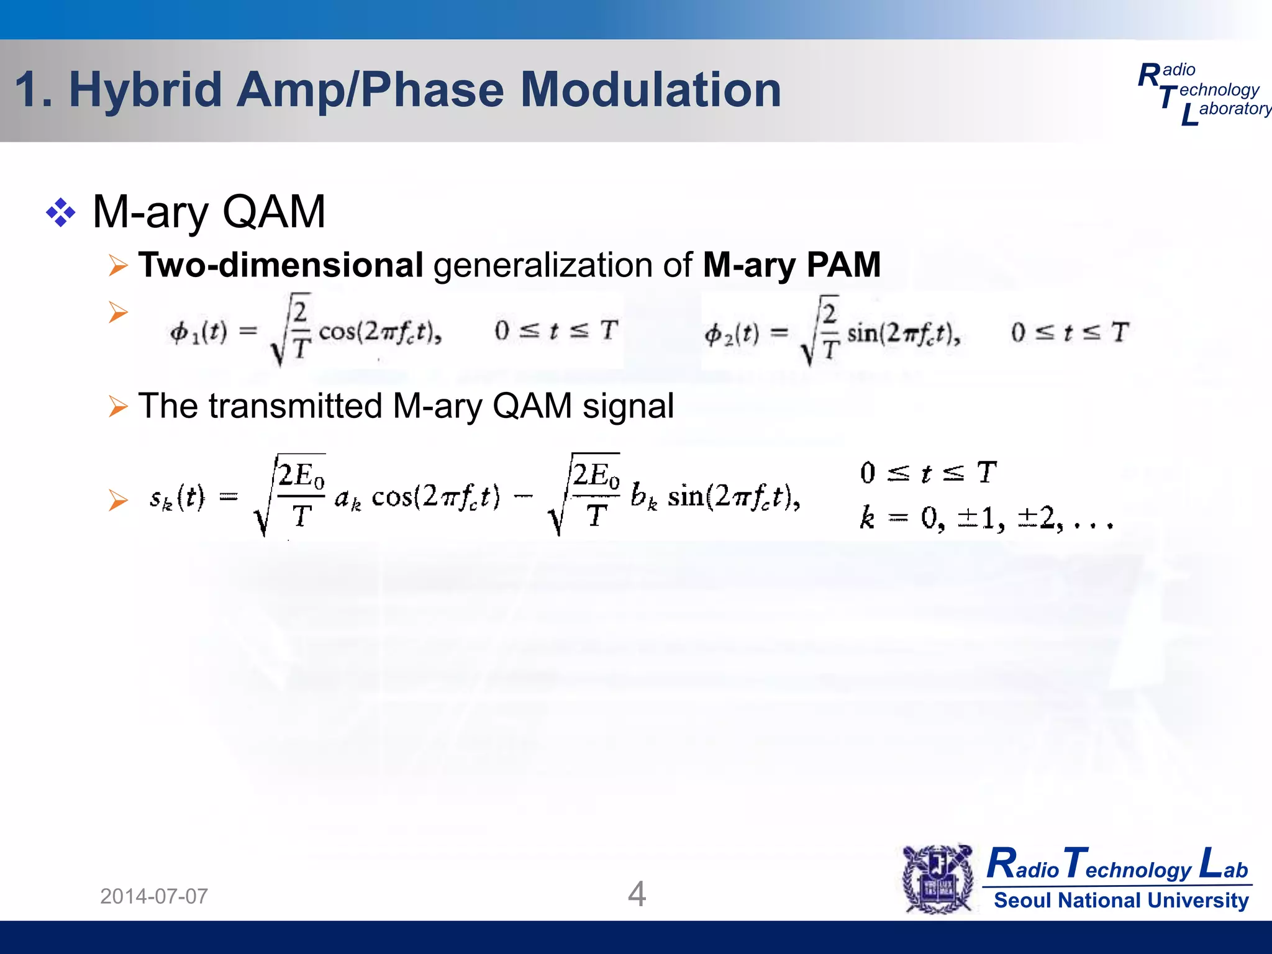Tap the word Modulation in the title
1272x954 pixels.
650,90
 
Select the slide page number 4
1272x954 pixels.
637,894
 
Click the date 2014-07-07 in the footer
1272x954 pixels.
154,896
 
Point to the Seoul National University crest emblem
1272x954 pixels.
938,879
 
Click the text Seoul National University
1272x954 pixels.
1121,900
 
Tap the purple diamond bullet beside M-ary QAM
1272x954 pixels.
60,213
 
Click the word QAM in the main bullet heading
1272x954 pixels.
273,212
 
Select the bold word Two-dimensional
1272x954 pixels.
281,265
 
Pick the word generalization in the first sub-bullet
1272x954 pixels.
562,266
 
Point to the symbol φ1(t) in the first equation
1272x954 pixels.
198,332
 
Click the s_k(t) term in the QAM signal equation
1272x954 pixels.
177,497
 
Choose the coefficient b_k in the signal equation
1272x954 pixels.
643,497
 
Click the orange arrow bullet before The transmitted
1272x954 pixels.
118,406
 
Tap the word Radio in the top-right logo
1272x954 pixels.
1168,73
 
